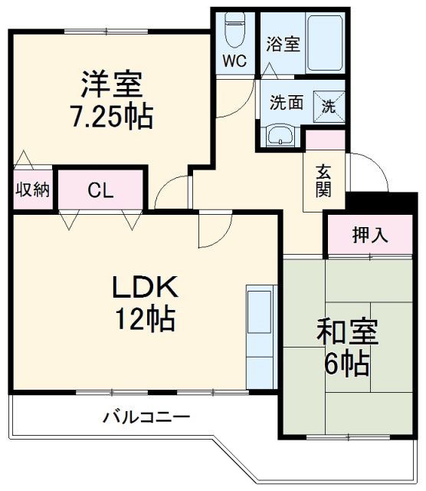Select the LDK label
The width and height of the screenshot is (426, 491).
146,287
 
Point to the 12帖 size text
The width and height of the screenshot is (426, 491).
146,317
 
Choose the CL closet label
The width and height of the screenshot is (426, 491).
100,189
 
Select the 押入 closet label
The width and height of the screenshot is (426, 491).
370,236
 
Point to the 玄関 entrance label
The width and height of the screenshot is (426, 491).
324,181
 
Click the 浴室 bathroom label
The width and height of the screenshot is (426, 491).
283,44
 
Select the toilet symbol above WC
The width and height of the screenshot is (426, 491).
234,31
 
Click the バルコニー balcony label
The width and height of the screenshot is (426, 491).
146,417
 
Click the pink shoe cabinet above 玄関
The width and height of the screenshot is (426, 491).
325,140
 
